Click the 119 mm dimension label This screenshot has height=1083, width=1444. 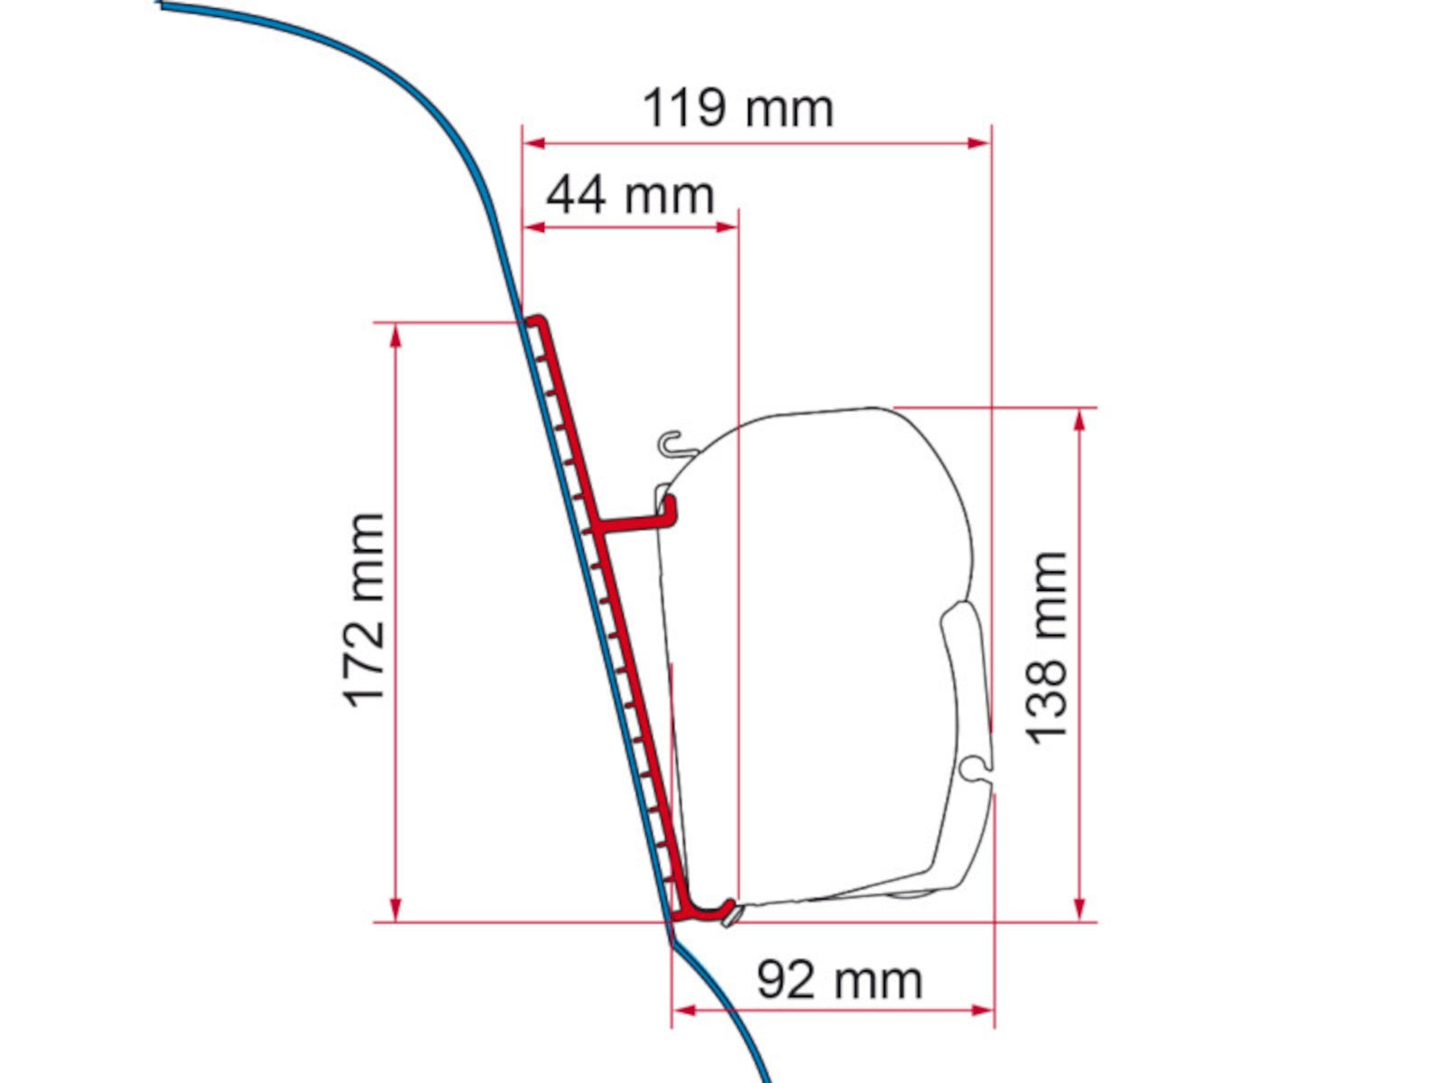(x=737, y=107)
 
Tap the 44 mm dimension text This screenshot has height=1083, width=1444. (x=630, y=195)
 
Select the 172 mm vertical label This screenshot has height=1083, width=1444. (x=364, y=609)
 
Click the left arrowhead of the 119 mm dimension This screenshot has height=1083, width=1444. (x=533, y=143)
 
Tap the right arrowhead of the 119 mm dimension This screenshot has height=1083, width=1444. (x=979, y=143)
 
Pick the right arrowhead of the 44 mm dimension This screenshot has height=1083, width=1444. (x=727, y=227)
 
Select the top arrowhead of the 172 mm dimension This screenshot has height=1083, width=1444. (x=395, y=336)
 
